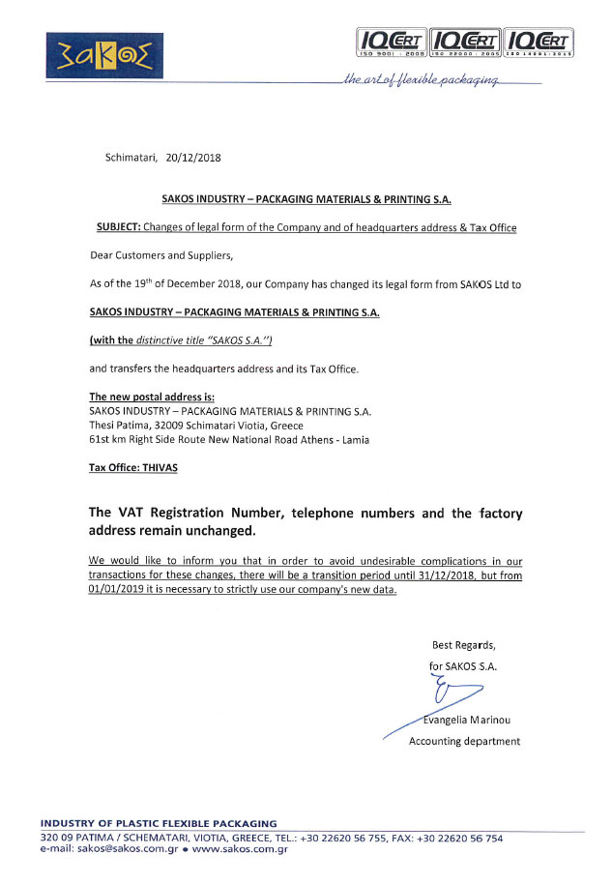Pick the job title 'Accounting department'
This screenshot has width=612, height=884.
(464, 742)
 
